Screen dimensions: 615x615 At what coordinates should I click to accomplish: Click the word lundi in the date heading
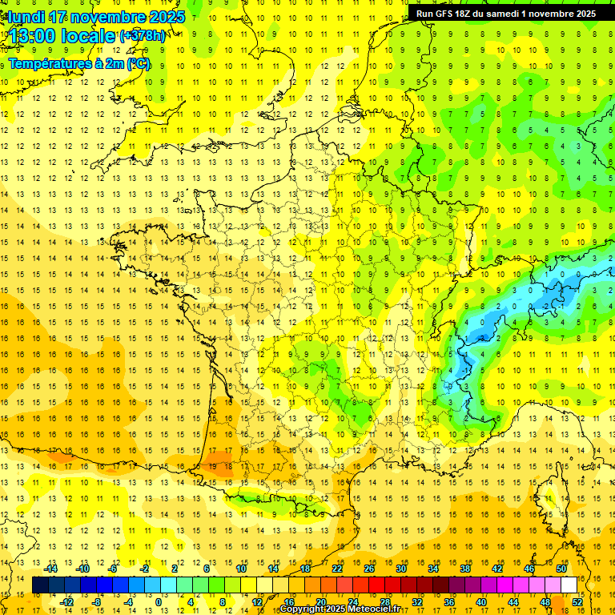click(25, 17)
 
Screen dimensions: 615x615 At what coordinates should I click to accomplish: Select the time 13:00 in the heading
click(32, 35)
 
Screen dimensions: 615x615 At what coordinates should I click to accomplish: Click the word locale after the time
click(87, 35)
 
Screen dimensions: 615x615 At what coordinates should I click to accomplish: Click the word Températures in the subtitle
click(49, 62)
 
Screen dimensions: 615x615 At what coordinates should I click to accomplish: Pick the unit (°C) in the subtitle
click(138, 62)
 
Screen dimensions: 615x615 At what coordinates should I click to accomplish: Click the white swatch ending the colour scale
click(569, 585)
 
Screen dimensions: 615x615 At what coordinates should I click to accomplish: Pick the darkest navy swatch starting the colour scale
click(41, 585)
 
